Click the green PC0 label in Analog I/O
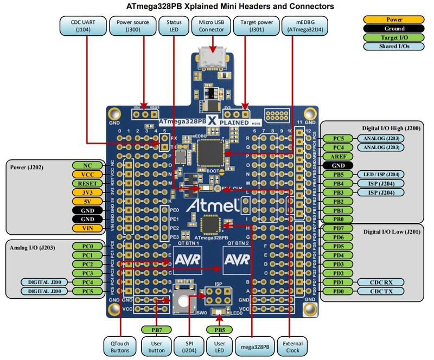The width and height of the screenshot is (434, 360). click(x=87, y=246)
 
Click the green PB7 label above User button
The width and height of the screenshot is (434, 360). click(x=155, y=329)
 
